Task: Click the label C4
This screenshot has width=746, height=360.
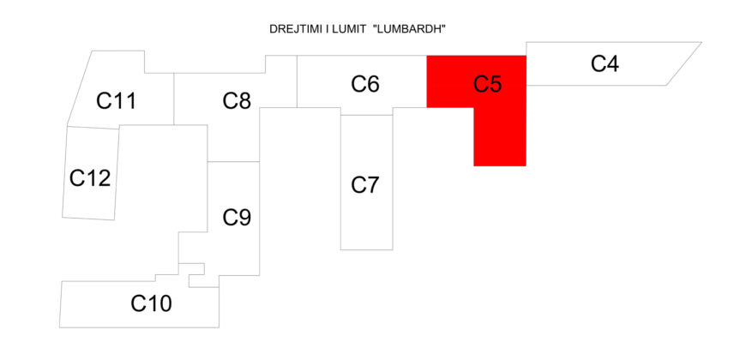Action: coord(605,63)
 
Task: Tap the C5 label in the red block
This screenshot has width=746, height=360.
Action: coord(488,84)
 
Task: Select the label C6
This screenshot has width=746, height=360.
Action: coord(365,84)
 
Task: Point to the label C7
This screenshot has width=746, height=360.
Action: coord(365,184)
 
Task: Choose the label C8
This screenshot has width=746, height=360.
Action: coord(237,101)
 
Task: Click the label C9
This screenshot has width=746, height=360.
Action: coord(237,218)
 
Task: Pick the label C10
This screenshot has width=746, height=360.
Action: coord(151,303)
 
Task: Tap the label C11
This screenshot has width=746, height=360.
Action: coord(117,101)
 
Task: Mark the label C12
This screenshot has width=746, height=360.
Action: coord(90,178)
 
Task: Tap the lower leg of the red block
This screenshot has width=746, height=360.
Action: coord(499,137)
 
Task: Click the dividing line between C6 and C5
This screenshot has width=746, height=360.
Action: coord(427,81)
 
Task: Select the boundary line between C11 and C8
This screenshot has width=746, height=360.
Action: coord(174,99)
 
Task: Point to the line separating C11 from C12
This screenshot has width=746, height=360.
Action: coord(93,128)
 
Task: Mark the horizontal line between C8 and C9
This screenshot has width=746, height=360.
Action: coord(233,161)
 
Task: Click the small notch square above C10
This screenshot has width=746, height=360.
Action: coord(196,269)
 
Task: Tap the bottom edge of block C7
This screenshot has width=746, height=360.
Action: coord(366,249)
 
